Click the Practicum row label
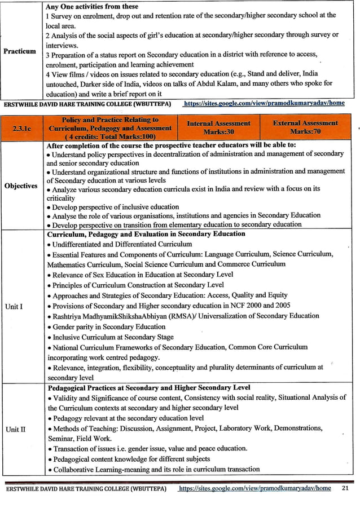(20, 51)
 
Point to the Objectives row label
(21, 185)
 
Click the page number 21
(345, 488)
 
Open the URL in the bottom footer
(254, 488)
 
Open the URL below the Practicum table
(264, 104)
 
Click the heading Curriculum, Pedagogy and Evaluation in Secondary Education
(146, 233)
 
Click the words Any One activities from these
(92, 6)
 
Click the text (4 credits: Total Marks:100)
(111, 136)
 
